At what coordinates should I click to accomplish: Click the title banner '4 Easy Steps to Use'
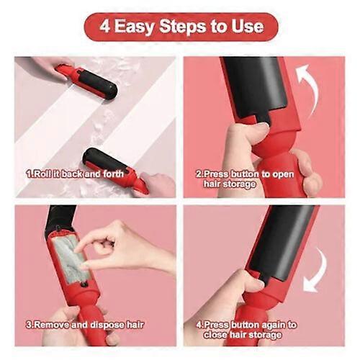(x=181, y=27)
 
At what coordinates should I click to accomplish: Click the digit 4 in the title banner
(x=105, y=26)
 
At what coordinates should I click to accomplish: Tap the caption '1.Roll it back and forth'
(x=75, y=174)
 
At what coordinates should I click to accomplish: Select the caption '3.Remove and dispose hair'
(x=85, y=325)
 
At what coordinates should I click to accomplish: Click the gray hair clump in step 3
(x=70, y=258)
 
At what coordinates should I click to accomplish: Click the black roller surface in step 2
(x=256, y=88)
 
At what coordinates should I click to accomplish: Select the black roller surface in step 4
(x=283, y=243)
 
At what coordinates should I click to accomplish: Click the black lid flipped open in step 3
(x=60, y=218)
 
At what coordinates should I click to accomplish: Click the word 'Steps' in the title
(x=182, y=27)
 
